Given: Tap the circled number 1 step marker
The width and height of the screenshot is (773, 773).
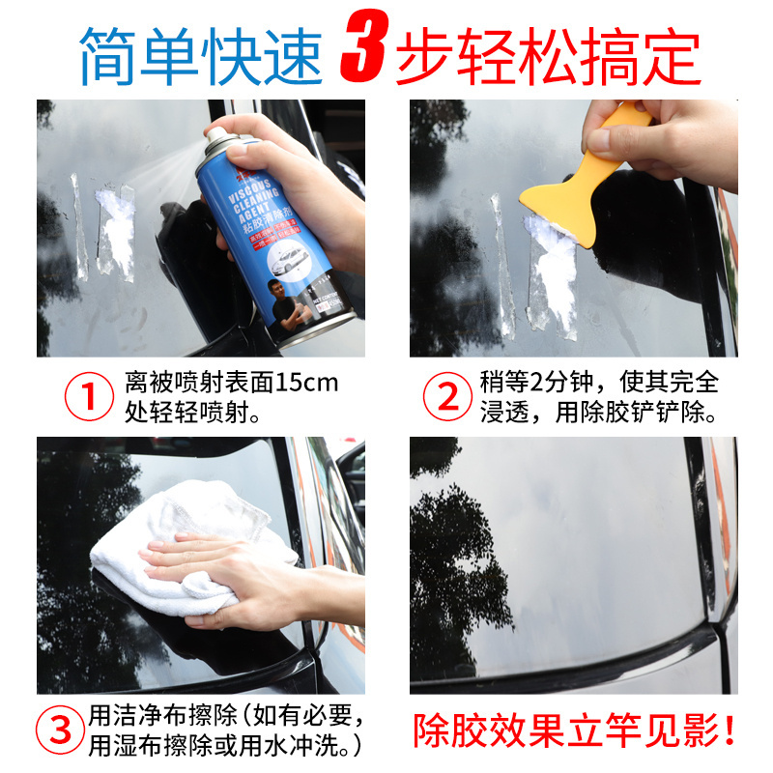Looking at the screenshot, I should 89,397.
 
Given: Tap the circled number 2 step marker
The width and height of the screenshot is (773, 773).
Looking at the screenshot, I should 445,397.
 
